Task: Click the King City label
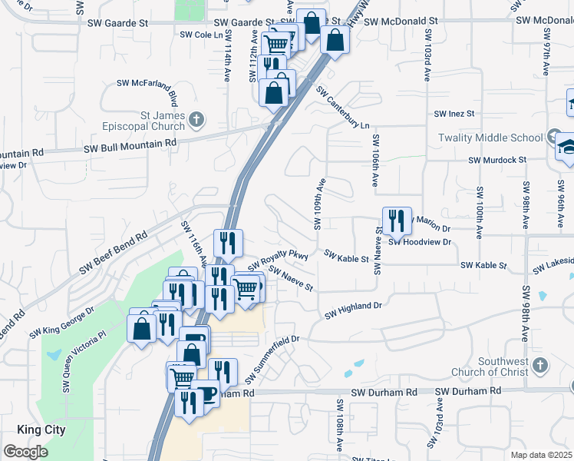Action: pyautogui.click(x=41, y=430)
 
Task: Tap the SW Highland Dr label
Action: pyautogui.click(x=352, y=310)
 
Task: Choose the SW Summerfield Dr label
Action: pyautogui.click(x=271, y=359)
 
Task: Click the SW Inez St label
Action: pyautogui.click(x=454, y=114)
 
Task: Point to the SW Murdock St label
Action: pyautogui.click(x=497, y=160)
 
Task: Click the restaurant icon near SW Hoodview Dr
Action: pyautogui.click(x=397, y=221)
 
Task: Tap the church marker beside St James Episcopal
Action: pyautogui.click(x=196, y=119)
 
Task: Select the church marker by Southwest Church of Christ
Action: pyautogui.click(x=540, y=365)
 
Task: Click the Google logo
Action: pyautogui.click(x=25, y=452)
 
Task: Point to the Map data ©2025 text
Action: pyautogui.click(x=542, y=455)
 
